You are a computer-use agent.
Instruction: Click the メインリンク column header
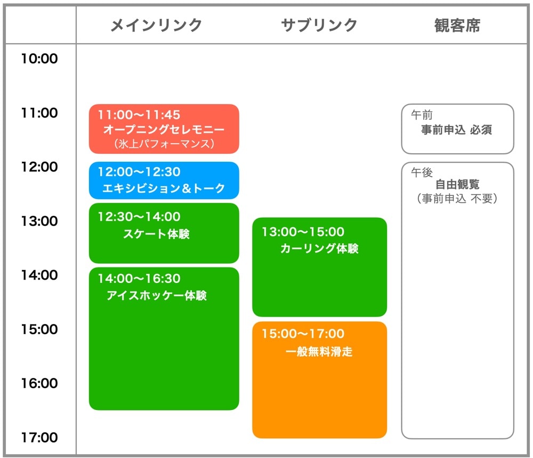156,25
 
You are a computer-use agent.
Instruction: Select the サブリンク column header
319,25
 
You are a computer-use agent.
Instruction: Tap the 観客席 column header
457,25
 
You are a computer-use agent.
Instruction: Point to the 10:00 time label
39,59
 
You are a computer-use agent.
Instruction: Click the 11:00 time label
39,113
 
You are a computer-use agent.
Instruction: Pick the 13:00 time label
39,221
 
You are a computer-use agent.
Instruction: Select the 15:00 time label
39,329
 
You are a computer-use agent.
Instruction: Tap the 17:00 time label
39,438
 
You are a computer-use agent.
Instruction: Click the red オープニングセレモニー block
164,129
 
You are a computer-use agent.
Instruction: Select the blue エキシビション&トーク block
164,180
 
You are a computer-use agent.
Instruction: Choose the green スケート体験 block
164,233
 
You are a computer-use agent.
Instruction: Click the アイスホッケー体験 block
164,339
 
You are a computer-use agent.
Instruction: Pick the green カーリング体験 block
319,267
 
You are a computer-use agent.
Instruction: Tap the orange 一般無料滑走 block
319,380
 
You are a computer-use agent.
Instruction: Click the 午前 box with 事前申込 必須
457,129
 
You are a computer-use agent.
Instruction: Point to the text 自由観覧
457,184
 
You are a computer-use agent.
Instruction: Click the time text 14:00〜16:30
139,279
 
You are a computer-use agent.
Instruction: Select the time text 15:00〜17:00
303,334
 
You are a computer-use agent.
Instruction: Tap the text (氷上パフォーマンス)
164,144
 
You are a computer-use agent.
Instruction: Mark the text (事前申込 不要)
457,198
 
